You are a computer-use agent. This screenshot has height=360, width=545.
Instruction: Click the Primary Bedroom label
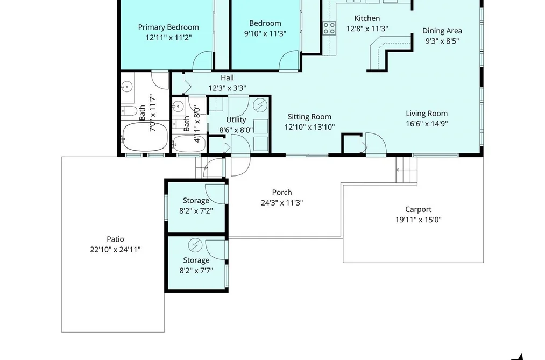168,27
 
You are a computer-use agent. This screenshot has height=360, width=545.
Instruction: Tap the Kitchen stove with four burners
329,28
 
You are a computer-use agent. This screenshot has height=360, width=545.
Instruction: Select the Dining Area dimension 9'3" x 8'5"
442,41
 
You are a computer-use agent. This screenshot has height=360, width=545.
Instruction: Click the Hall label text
227,77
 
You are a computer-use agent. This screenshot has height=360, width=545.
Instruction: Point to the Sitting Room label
309,117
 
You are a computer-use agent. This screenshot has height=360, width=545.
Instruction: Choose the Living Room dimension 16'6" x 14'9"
427,124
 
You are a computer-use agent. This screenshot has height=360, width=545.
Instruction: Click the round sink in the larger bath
127,85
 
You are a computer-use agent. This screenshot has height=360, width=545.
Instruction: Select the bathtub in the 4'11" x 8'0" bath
189,144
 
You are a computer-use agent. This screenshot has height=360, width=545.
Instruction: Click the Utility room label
236,120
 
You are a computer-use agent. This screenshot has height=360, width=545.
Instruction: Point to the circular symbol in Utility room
260,104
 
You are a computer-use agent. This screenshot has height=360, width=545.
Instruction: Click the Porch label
282,193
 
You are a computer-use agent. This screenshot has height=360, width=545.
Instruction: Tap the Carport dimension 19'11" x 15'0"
418,220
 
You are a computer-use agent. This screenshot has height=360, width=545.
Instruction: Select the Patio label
115,239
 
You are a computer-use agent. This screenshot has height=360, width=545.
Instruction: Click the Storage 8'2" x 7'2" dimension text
196,211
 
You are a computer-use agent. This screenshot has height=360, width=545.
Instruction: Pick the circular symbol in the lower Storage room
195,245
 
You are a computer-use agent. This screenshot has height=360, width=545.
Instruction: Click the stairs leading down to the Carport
406,170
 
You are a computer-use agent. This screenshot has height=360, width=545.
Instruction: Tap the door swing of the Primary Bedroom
202,60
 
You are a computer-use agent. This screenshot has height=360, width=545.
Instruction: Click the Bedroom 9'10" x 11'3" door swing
288,60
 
